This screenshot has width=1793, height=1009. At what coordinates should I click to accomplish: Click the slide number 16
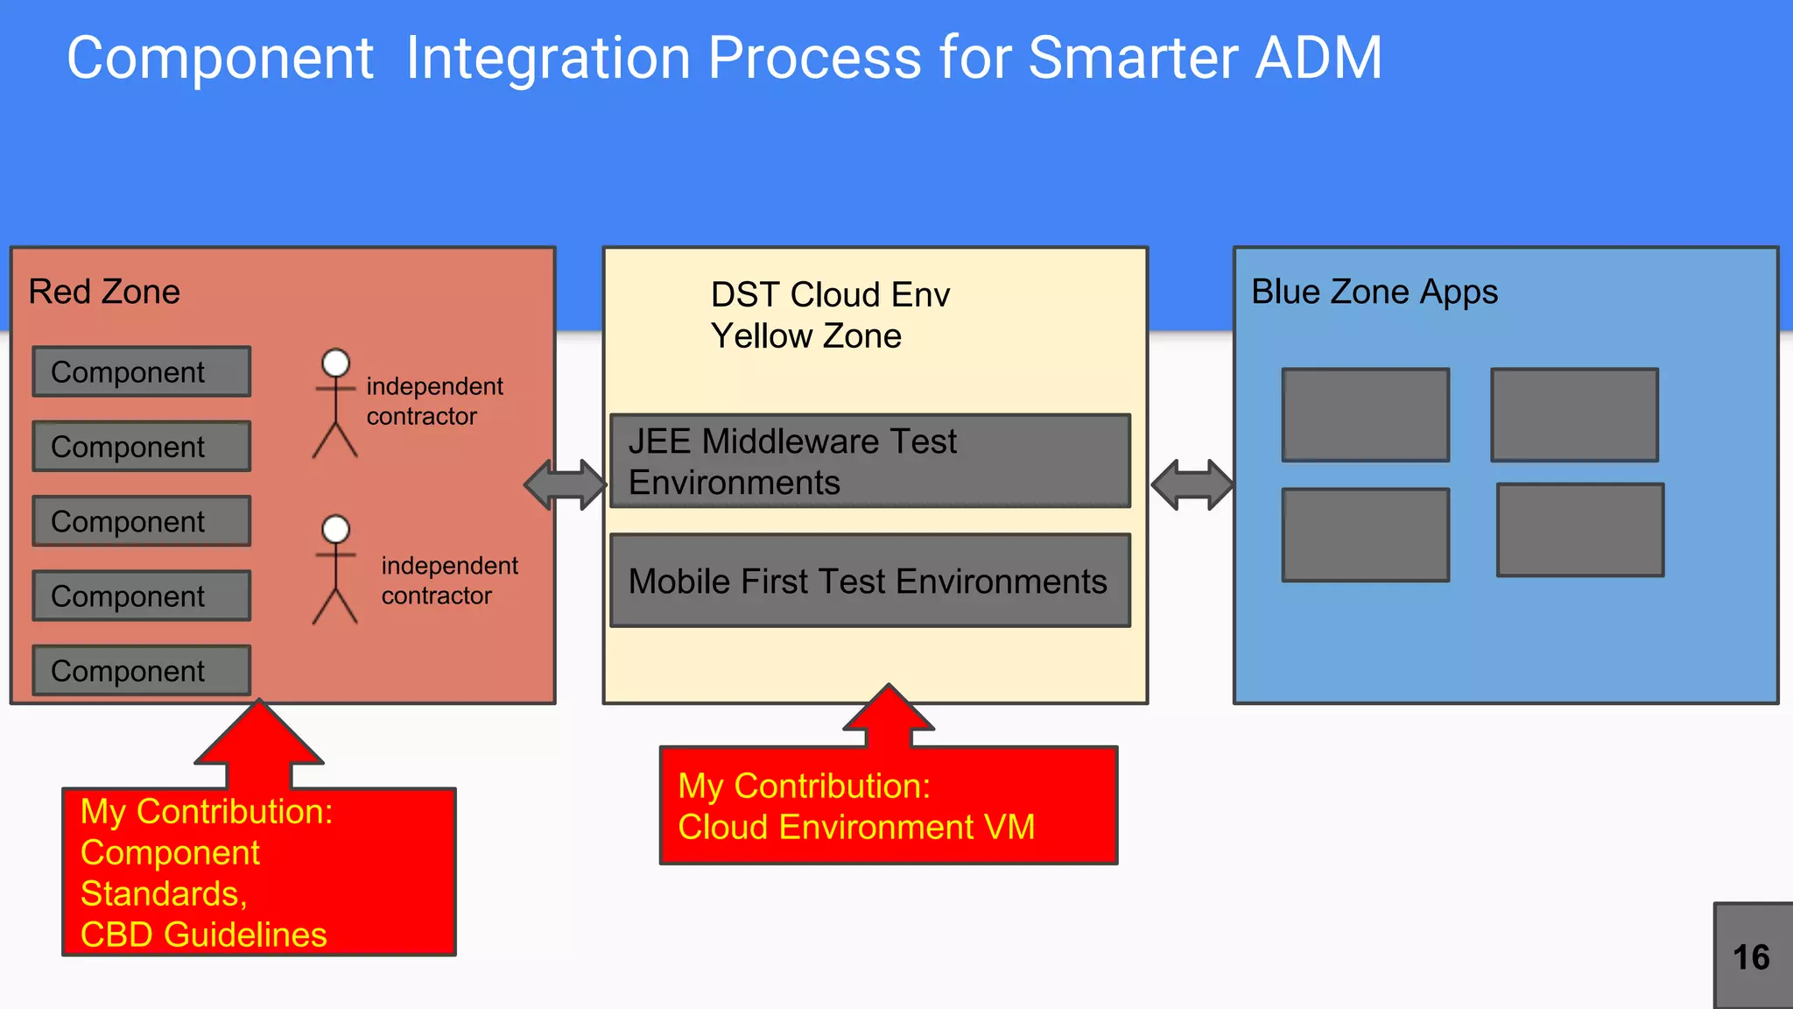(x=1751, y=957)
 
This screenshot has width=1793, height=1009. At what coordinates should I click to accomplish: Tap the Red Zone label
(x=104, y=292)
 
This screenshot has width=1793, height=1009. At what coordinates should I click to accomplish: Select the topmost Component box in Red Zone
(x=142, y=371)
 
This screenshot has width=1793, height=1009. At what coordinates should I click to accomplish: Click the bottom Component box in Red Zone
(x=142, y=671)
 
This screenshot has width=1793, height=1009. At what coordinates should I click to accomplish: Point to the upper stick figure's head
(x=335, y=363)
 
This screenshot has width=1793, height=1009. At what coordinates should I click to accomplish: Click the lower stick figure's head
(x=335, y=529)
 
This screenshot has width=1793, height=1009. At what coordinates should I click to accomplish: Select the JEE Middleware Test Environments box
(x=869, y=462)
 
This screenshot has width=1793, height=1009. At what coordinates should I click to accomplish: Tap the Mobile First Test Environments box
(x=869, y=582)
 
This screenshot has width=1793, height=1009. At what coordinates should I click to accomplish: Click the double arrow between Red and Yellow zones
(x=566, y=484)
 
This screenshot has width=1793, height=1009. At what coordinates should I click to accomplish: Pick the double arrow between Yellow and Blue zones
(x=1192, y=484)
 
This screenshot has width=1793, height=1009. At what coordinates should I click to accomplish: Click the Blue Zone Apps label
(x=1374, y=292)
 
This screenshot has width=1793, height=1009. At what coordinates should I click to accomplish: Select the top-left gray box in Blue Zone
(x=1365, y=415)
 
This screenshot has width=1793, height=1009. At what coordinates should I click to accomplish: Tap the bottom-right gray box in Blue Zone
(x=1579, y=530)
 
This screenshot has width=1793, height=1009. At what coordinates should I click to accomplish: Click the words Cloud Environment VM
(x=855, y=828)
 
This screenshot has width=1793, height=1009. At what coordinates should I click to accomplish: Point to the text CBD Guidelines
(x=203, y=935)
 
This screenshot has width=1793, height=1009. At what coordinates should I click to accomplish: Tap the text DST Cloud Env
(x=829, y=295)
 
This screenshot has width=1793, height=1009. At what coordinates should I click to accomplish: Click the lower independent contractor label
(x=449, y=581)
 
